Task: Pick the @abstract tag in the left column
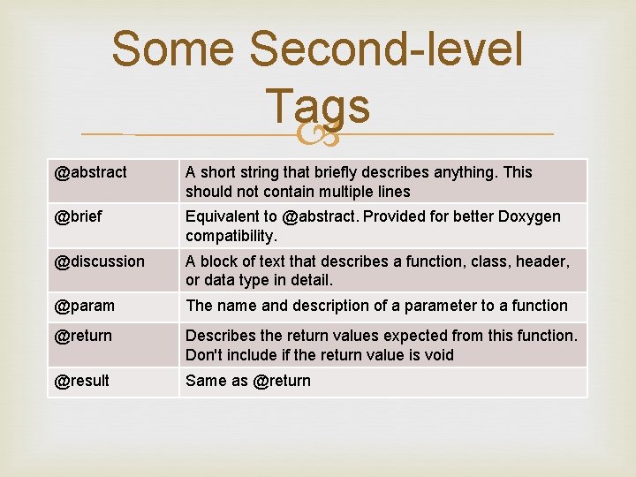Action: coord(91,172)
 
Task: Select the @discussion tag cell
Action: coord(100,261)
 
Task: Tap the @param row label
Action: coord(85,306)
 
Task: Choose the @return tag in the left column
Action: coord(83,336)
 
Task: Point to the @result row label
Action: coord(82,381)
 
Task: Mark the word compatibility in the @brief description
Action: coord(230,236)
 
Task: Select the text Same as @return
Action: coord(248,381)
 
